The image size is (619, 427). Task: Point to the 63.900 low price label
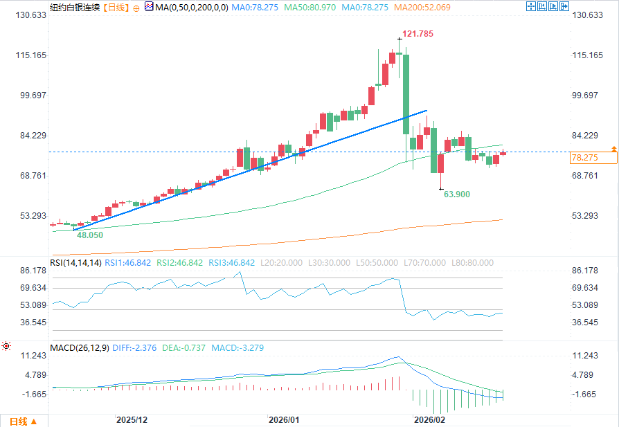(456, 194)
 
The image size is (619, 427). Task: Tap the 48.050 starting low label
(90, 235)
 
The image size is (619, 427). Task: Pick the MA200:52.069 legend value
(422, 8)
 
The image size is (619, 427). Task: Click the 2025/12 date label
(132, 419)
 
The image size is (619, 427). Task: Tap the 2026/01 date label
(284, 419)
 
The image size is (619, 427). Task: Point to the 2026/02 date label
(429, 419)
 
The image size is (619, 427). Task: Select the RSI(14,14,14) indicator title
(75, 263)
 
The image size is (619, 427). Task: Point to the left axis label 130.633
(26, 15)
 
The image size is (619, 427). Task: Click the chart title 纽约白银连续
(75, 8)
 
